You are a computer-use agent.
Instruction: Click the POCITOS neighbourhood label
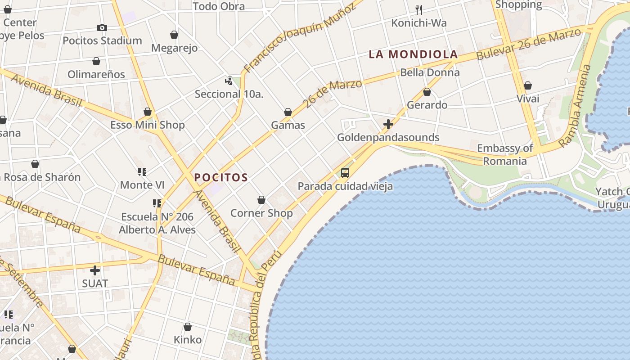[221, 177]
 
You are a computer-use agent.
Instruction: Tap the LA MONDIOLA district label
[413, 54]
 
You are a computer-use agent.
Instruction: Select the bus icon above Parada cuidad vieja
[345, 172]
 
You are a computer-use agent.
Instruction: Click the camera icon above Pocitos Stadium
[102, 27]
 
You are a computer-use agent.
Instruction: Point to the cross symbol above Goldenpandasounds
[388, 124]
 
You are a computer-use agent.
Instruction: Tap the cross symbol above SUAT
[95, 270]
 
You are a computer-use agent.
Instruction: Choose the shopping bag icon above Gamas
[288, 112]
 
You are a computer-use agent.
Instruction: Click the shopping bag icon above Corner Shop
[261, 199]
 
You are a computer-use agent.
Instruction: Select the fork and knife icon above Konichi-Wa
[419, 9]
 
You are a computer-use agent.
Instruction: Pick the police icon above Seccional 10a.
[229, 81]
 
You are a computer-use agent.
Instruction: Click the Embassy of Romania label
[505, 154]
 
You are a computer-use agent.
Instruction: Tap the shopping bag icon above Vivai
[528, 85]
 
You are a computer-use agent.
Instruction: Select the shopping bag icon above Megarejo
[174, 35]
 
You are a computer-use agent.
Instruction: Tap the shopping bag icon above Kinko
[188, 326]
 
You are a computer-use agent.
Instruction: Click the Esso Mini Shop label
[148, 125]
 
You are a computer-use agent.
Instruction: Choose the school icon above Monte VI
[142, 171]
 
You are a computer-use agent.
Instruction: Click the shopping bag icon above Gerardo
[427, 92]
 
